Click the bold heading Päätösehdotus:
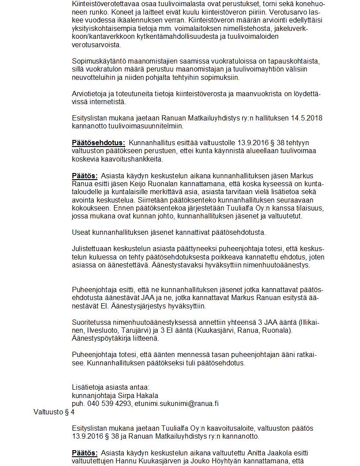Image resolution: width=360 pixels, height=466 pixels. click(98, 143)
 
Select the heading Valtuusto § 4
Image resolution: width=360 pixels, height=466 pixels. click(54, 412)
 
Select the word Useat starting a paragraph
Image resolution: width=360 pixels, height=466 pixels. click(81, 232)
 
